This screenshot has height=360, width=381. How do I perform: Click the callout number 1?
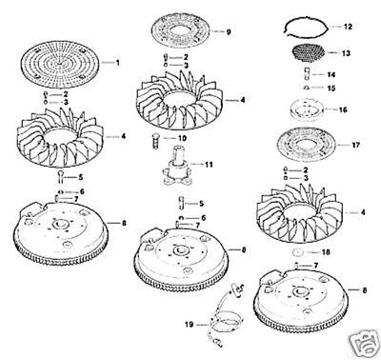click(x=118, y=63)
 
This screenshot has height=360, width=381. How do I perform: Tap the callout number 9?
click(x=229, y=31)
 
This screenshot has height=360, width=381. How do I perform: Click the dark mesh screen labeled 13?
click(x=308, y=51)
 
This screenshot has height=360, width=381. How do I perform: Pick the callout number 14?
click(x=331, y=74)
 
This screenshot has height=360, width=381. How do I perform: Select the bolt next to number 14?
click(x=308, y=74)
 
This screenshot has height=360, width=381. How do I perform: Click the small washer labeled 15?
click(x=307, y=88)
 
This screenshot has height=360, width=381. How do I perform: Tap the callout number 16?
click(x=343, y=110)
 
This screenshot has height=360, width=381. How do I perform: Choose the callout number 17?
click(x=356, y=145)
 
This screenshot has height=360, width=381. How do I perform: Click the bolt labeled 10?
click(x=155, y=141)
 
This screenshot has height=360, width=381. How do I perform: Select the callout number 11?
click(x=209, y=165)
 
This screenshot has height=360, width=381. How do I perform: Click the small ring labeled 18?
click(x=298, y=252)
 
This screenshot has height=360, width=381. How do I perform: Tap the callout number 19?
click(x=190, y=325)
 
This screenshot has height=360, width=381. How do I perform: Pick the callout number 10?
click(x=182, y=138)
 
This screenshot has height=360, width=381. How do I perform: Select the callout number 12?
click(x=348, y=26)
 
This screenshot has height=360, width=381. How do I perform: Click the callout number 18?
click(x=326, y=252)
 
